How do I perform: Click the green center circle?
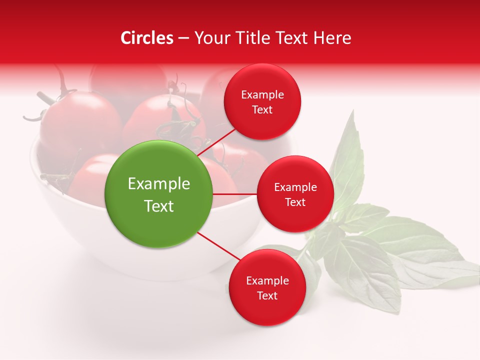(x=158, y=194)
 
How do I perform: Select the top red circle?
(x=262, y=101)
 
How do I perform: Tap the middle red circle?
(x=295, y=194)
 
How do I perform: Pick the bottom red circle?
(x=267, y=287)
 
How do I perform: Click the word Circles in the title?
(x=146, y=38)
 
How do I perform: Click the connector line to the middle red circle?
(x=235, y=194)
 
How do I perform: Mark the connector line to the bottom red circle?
(x=218, y=246)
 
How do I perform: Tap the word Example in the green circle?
(x=159, y=184)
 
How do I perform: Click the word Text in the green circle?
(x=159, y=206)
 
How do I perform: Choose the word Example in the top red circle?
(x=262, y=94)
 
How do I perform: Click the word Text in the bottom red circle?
(x=267, y=295)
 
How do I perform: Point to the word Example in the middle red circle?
(x=295, y=187)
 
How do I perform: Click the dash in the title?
(x=183, y=38)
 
